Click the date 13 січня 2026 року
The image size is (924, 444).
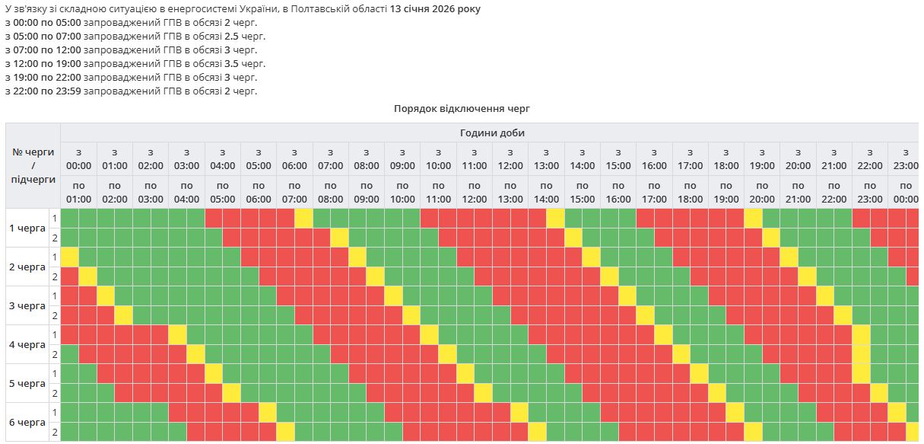(435, 8)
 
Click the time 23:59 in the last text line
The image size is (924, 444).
(68, 91)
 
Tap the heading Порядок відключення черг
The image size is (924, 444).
(462, 108)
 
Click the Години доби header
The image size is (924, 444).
(492, 133)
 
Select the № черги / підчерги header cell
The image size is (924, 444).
(33, 165)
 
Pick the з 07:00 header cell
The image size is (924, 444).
(330, 158)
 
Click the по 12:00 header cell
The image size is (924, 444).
(474, 192)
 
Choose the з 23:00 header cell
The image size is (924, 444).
(905, 158)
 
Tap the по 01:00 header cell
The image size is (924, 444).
(78, 192)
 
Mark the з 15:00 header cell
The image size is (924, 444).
(618, 158)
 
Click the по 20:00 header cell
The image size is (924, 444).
(761, 192)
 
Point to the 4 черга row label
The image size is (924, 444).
(27, 344)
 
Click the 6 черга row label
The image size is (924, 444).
(27, 422)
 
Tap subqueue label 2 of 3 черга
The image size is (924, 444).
(54, 315)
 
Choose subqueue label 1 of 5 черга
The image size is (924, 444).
(54, 373)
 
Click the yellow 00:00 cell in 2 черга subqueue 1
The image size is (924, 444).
(69, 257)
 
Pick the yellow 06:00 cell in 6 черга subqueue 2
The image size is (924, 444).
(285, 432)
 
